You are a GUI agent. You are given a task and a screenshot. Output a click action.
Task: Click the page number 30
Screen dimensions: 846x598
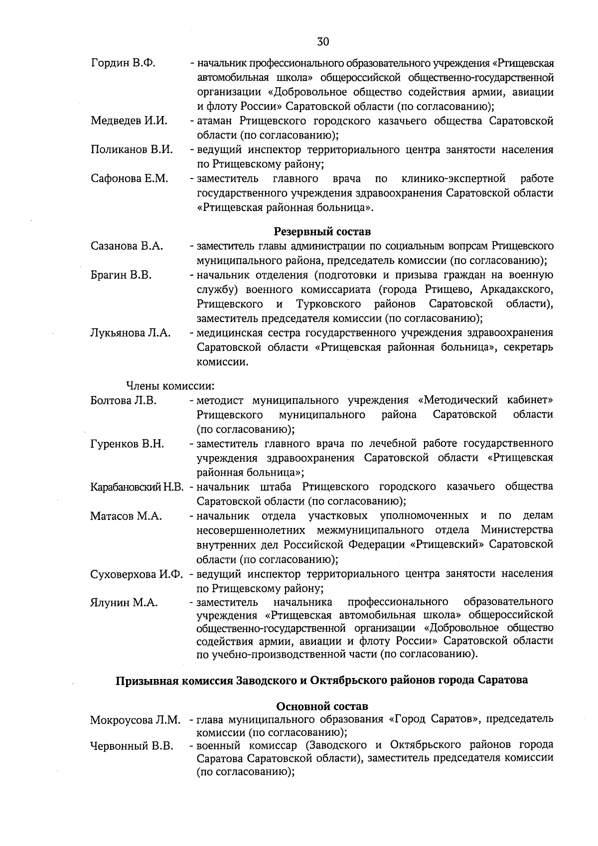[x=323, y=41]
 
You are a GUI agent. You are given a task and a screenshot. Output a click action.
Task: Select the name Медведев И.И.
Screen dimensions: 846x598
[x=129, y=121]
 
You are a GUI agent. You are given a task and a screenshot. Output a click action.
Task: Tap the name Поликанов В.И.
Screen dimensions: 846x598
[x=132, y=150]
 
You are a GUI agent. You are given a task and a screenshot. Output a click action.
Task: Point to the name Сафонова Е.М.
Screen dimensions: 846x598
[x=130, y=178]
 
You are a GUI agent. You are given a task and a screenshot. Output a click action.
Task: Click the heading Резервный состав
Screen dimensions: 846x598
[x=322, y=232]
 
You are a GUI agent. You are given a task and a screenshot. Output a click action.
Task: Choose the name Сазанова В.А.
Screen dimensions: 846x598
[x=127, y=246]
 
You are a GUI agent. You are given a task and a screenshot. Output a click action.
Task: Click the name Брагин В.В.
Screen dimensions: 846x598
[x=121, y=275]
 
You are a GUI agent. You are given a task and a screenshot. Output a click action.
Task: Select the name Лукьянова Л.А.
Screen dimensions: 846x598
[x=131, y=333]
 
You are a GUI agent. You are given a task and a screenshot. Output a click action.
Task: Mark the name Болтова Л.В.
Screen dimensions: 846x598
[x=124, y=400]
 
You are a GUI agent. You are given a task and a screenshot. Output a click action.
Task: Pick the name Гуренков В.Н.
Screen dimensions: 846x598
[x=127, y=444]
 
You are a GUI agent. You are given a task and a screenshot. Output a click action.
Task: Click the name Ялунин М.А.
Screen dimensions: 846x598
[x=124, y=603]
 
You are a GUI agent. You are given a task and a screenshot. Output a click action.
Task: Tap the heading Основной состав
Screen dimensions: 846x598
[x=322, y=706]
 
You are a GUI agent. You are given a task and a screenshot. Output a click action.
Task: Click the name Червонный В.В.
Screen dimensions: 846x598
[x=132, y=746]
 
